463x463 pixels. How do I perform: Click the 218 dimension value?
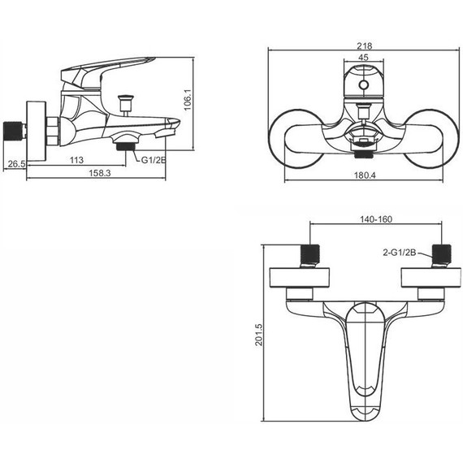[x=365, y=46]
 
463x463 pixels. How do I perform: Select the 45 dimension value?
[x=363, y=58]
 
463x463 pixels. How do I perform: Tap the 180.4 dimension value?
[x=365, y=175]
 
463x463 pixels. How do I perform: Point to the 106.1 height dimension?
[x=188, y=100]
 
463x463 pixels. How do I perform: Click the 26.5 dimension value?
[x=16, y=164]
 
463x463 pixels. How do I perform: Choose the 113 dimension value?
[x=76, y=160]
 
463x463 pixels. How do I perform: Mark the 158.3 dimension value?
[x=100, y=173]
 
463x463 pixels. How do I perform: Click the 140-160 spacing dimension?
[x=376, y=219]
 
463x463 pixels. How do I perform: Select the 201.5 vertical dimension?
[x=258, y=335]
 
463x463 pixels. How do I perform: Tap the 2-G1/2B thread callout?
[x=400, y=253]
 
